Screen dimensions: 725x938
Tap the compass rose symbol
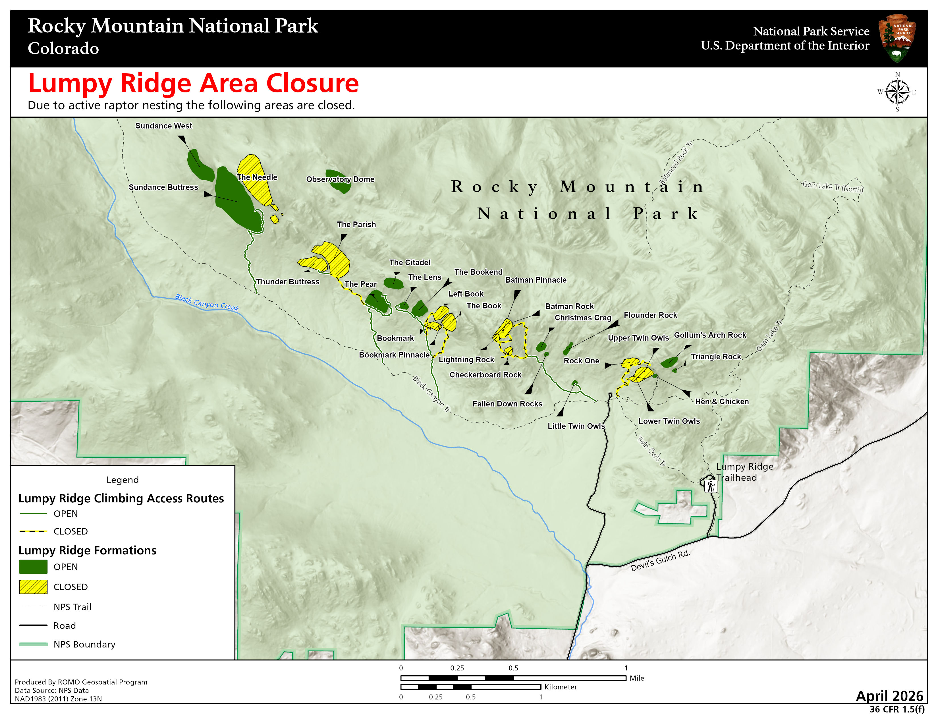[x=897, y=92]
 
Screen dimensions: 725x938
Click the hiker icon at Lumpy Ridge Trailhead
[x=710, y=486]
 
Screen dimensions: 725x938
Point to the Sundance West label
[x=164, y=126]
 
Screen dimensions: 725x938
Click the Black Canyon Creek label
[x=207, y=303]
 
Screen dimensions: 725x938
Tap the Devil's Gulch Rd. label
[x=660, y=560]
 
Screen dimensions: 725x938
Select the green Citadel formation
[x=393, y=283]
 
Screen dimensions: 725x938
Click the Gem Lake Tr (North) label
[x=832, y=187]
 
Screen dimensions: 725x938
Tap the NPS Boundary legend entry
[x=84, y=644]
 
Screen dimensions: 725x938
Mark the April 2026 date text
[x=889, y=695]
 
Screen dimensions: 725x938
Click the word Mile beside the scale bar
[x=636, y=678]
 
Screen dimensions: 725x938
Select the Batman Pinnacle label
[x=536, y=280]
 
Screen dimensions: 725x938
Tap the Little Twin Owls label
[x=576, y=426]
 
